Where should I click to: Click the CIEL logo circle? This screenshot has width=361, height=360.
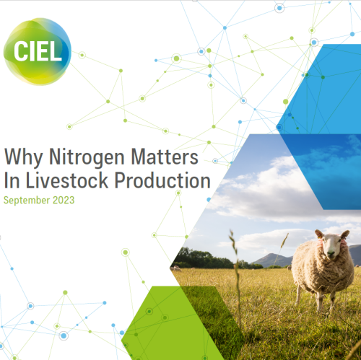click(x=37, y=51)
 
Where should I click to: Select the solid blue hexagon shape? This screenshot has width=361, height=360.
click(x=329, y=87)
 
